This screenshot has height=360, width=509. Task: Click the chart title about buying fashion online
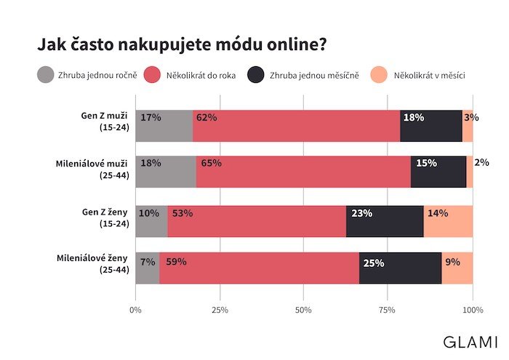tap(182, 44)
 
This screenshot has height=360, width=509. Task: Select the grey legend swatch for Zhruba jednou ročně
tap(46, 75)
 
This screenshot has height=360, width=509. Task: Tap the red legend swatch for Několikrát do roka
tap(153, 75)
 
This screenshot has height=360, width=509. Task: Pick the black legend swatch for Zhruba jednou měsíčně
tap(256, 75)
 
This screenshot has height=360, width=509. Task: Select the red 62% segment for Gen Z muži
tap(297, 126)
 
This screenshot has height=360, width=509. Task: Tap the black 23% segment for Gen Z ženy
tap(385, 220)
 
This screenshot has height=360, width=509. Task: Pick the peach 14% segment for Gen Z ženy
tap(448, 220)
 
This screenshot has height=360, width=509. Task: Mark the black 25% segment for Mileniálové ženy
tap(400, 268)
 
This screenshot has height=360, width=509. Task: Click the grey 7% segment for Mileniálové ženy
tap(148, 268)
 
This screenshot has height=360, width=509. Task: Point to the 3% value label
tap(471, 117)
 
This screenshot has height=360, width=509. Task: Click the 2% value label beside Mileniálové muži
tap(481, 163)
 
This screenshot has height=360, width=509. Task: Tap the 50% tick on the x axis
tap(304, 311)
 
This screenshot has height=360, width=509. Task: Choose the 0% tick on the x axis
tap(136, 311)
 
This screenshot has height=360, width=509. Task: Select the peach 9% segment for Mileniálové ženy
tap(457, 268)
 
